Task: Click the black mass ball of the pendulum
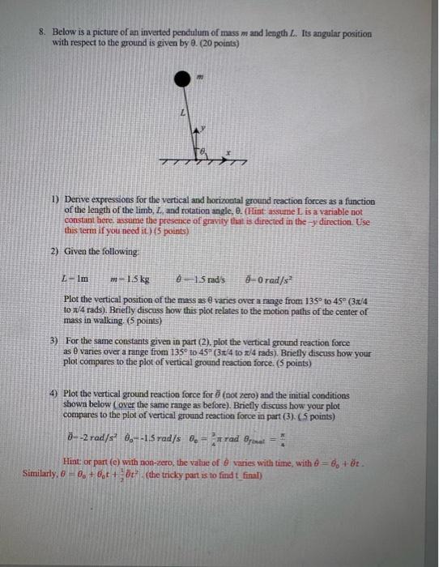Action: [x=182, y=79]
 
